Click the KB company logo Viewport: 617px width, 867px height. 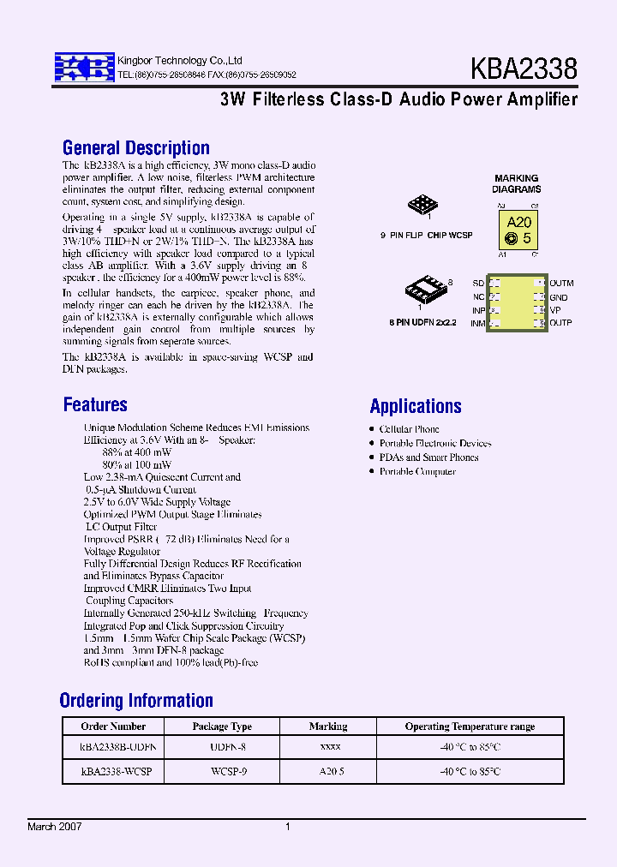coord(84,67)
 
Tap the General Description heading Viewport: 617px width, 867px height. coord(136,148)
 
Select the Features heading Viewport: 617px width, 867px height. coord(95,404)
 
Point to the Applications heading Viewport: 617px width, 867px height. coord(416,406)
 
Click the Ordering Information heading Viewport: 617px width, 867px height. coord(136,701)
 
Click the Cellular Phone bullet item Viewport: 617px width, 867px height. coord(409,429)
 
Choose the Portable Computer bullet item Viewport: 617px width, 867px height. coord(417,472)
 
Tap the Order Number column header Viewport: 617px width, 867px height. coord(107,726)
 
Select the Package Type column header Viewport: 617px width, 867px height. coord(222,726)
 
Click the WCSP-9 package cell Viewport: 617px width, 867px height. coord(222,771)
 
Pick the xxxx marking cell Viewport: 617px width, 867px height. coord(329,747)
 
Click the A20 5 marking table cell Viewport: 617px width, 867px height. coord(329,771)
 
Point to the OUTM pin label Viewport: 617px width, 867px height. coord(561,284)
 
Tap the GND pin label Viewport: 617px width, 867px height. coord(559,298)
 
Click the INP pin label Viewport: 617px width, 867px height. coord(478,310)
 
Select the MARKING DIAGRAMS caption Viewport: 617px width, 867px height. coord(516,184)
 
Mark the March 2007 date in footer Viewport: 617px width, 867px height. coord(55,827)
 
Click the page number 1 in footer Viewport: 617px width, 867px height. coord(288,827)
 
